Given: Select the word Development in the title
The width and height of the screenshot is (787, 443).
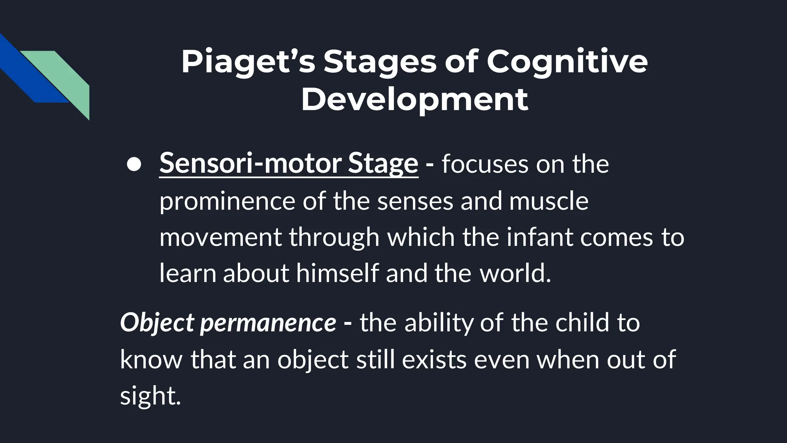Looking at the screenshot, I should [414, 100].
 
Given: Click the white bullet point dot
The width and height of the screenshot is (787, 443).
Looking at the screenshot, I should [134, 165].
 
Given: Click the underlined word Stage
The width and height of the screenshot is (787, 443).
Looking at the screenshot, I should [383, 163].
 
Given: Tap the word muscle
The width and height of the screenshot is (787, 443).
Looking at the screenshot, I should [549, 201].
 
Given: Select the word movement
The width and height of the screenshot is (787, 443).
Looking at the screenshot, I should [221, 237].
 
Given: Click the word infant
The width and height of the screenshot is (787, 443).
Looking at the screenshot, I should [540, 237].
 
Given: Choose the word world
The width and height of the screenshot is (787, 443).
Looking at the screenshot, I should [515, 273].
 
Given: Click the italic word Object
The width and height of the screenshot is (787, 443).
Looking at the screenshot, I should [157, 323].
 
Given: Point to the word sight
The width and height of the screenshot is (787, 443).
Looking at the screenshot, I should [149, 396].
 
